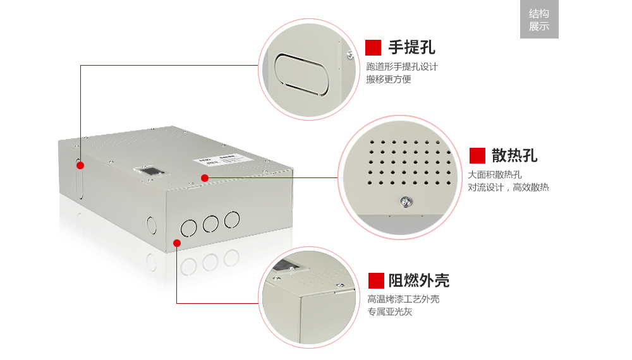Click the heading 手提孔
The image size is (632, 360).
[x=411, y=47]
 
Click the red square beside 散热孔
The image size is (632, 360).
[x=477, y=155]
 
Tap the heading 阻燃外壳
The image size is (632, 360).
[x=418, y=280]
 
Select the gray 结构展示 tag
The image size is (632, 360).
[x=539, y=20]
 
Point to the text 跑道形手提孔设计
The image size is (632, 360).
[x=402, y=66]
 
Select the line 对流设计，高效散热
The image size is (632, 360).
[x=508, y=187]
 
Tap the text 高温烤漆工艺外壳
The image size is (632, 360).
[x=403, y=299]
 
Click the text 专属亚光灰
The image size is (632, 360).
[x=390, y=311]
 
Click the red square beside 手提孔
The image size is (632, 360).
[x=374, y=47]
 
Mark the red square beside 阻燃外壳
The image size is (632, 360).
[x=377, y=280]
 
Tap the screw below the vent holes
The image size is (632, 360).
[x=403, y=201]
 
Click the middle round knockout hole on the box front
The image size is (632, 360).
[x=210, y=222]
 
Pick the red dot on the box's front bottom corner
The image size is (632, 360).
[x=177, y=243]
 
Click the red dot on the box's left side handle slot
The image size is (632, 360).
[x=80, y=165]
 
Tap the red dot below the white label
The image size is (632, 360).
[x=205, y=178]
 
